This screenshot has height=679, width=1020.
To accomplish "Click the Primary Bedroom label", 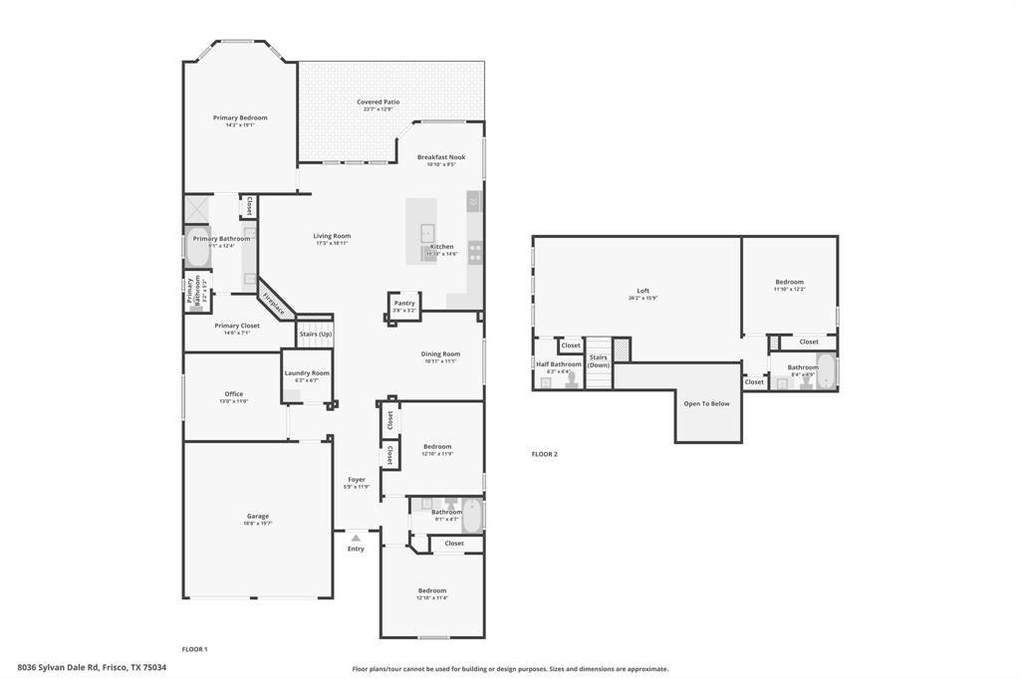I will pyautogui.click(x=240, y=117).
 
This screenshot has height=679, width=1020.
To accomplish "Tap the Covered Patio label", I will pyautogui.click(x=378, y=102).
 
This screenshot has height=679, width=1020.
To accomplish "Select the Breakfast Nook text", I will pyautogui.click(x=440, y=157).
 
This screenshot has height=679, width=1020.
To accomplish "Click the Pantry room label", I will pyautogui.click(x=403, y=303).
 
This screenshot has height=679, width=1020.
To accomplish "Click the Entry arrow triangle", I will pyautogui.click(x=356, y=538).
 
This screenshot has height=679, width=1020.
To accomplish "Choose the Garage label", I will pyautogui.click(x=258, y=516).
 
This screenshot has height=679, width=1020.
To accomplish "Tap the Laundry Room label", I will pyautogui.click(x=306, y=373).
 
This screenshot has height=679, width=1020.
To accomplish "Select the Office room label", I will pyautogui.click(x=234, y=393).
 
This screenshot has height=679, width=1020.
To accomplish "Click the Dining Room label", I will pyautogui.click(x=440, y=353).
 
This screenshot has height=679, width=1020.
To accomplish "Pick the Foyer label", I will pyautogui.click(x=356, y=480).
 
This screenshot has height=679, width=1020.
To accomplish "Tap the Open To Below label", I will pyautogui.click(x=706, y=403).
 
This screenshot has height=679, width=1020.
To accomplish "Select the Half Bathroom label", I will pyautogui.click(x=559, y=364).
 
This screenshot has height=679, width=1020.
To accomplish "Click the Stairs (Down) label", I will pyautogui.click(x=598, y=360).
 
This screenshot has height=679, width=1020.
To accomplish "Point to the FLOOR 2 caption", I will pyautogui.click(x=544, y=454).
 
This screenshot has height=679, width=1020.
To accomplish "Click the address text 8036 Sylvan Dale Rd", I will pyautogui.click(x=92, y=668).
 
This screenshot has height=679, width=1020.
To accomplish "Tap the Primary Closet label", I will pyautogui.click(x=236, y=326).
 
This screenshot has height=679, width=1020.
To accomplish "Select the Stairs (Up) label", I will pyautogui.click(x=316, y=334).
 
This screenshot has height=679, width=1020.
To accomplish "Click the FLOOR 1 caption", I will pyautogui.click(x=194, y=649).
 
